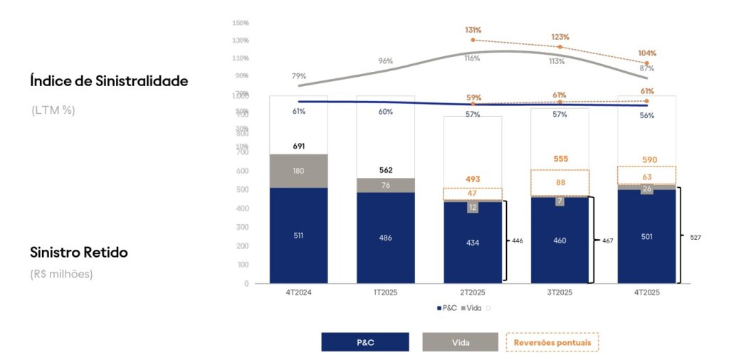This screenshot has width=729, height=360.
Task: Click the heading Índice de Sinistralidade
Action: pos(109,81)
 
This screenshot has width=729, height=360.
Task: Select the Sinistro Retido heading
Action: pos(78,253)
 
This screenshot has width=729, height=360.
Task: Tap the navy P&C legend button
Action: pos(365,342)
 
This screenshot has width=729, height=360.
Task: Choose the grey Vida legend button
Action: pos(460,342)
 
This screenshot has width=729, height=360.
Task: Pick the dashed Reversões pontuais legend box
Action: pos(552,342)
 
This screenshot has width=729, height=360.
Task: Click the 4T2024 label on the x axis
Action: pos(298,292)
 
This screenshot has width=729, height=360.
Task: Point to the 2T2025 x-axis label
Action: pos(472,292)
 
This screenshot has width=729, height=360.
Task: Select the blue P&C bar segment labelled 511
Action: pos(298,235)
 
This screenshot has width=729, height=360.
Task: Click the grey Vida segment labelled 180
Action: pos(298,171)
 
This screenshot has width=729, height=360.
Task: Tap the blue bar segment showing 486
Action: pos(385,238)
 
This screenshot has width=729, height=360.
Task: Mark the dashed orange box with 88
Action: pos(560,183)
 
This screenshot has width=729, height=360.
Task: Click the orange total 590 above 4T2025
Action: pos(646,160)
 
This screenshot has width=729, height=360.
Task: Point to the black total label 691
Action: pos(298,146)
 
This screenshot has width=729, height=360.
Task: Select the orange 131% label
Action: pos(473,30)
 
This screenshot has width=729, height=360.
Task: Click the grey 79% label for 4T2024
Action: pos(298,76)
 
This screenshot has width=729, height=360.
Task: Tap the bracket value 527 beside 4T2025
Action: pos(694,237)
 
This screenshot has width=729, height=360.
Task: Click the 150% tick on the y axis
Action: pos(240,23)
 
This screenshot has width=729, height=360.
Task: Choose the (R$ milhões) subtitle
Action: pos(63,273)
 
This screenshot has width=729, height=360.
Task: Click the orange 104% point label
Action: pos(647,53)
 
